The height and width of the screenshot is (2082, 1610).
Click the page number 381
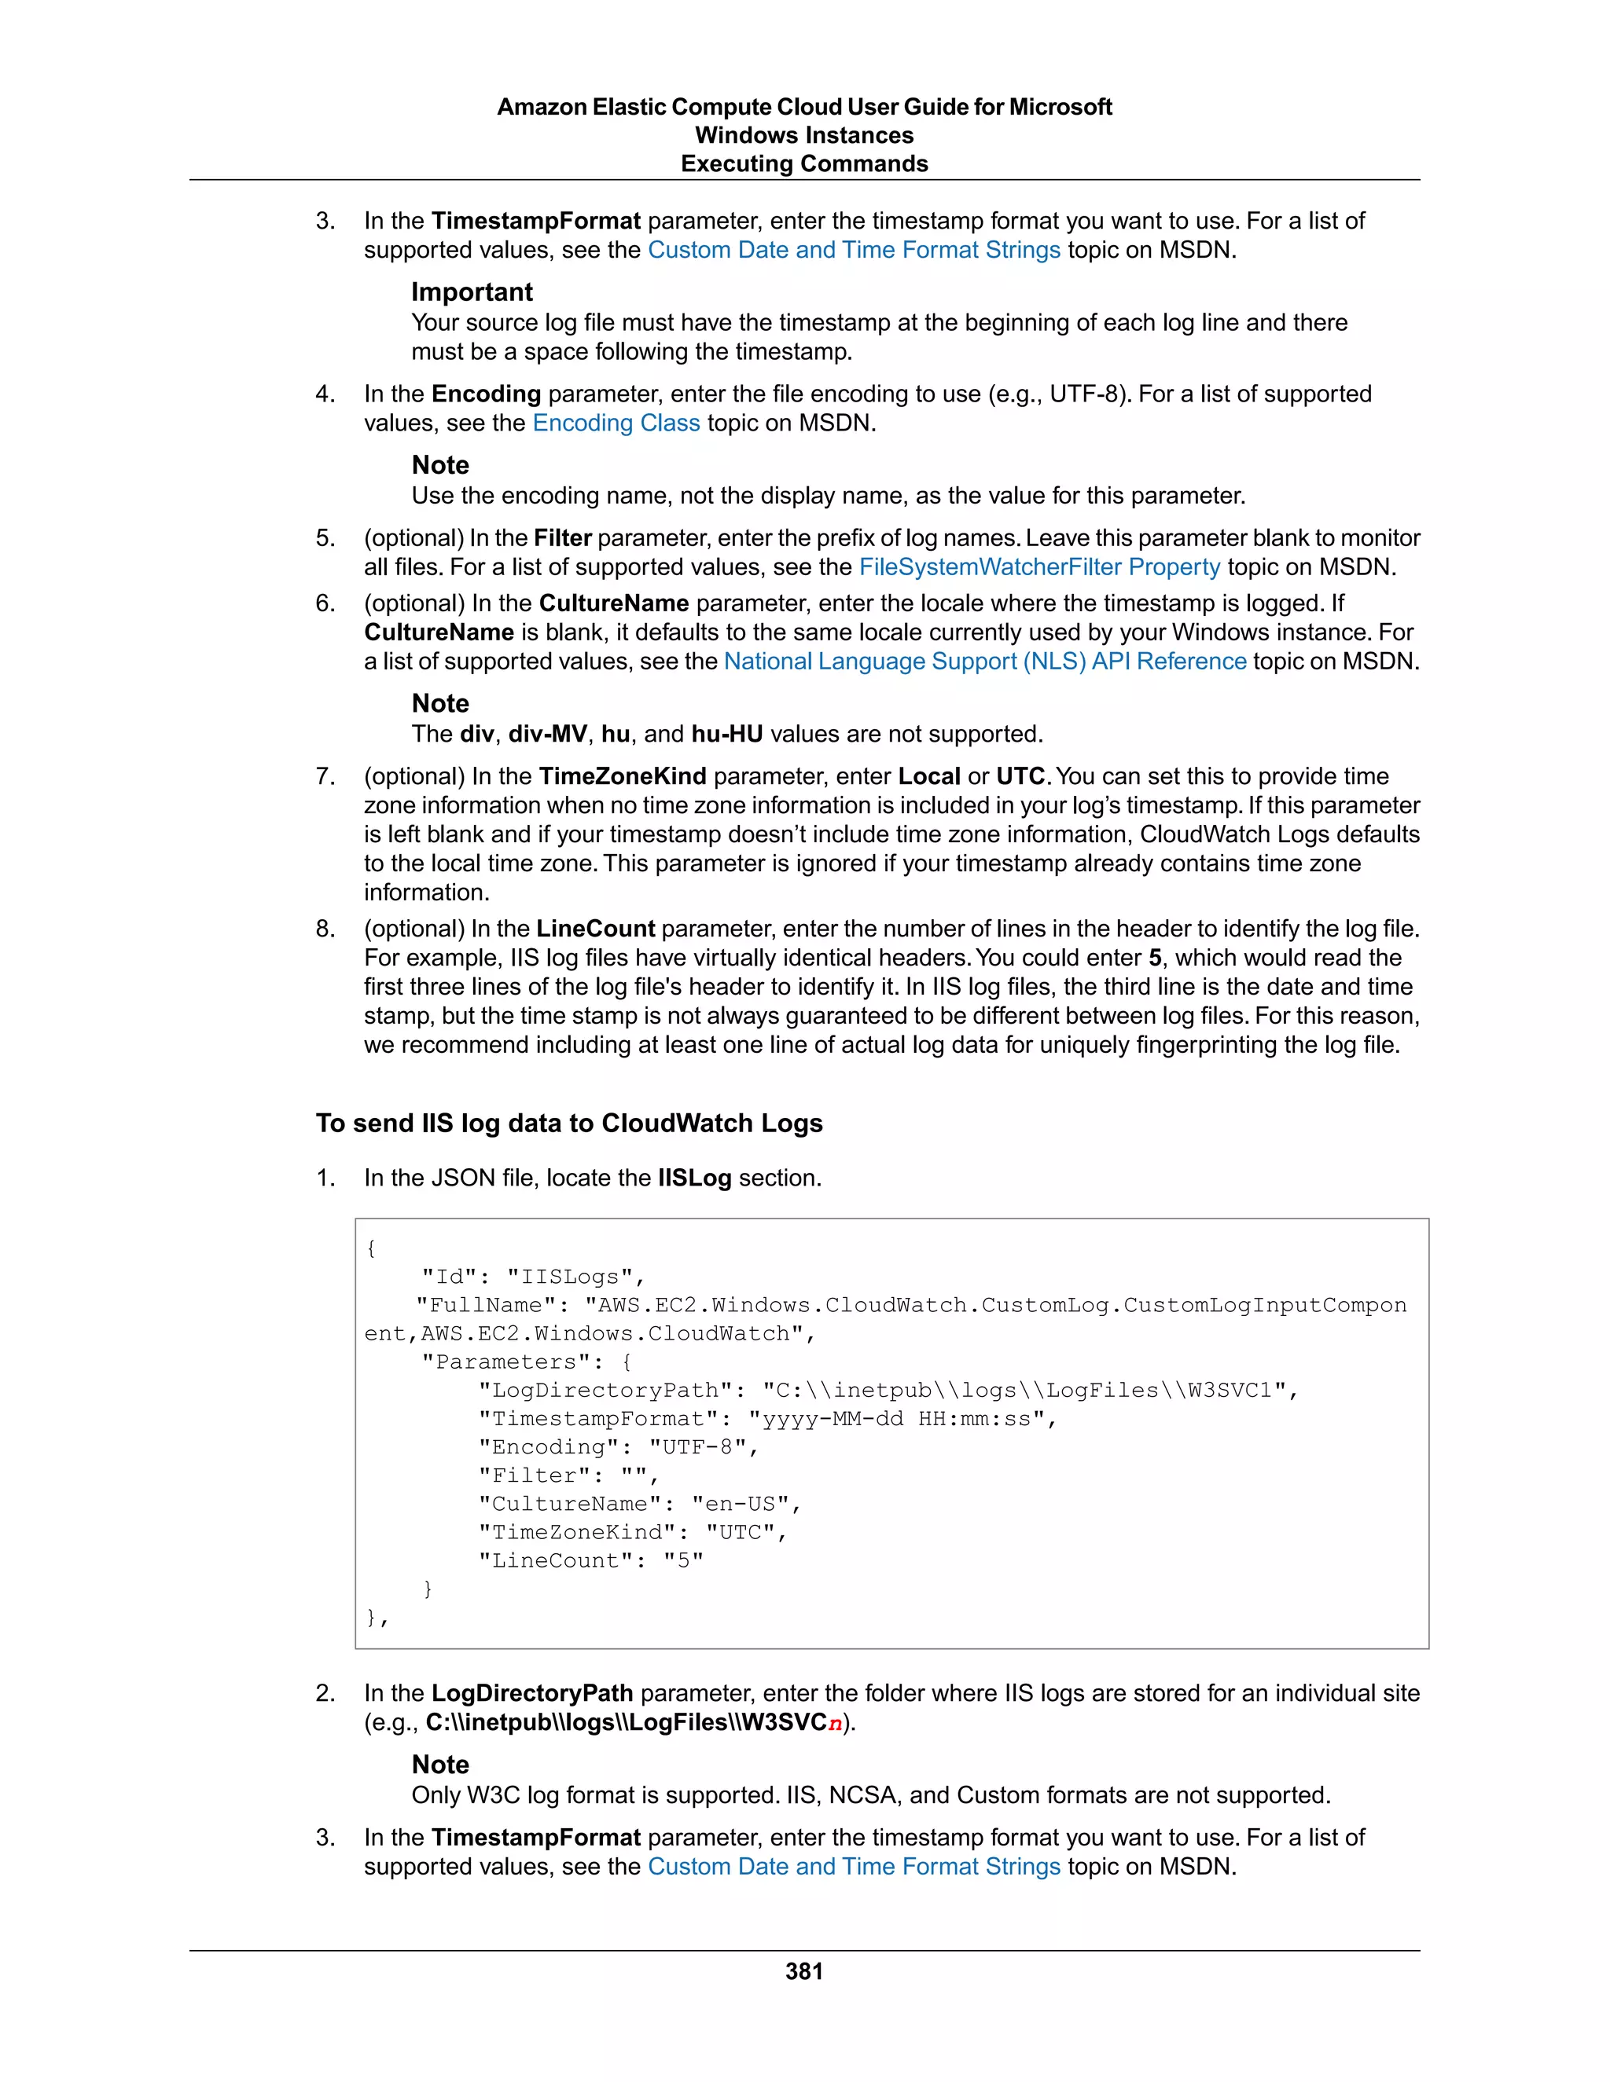804,1971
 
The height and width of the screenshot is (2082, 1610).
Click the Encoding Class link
616,423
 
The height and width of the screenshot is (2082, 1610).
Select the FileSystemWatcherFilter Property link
1038,567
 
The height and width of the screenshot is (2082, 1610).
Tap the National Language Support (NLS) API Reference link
984,662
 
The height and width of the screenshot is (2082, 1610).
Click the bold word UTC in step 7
1020,777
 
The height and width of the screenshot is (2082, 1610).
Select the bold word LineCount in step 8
595,929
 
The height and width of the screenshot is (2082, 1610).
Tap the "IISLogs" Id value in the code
571,1277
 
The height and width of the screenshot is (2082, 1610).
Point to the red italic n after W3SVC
835,1724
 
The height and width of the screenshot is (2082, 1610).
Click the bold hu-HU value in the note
727,734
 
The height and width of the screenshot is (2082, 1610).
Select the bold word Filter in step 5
563,539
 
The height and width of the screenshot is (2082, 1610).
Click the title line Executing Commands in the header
804,164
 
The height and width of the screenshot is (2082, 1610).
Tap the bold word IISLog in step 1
693,1178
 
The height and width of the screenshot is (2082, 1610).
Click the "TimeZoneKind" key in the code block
584,1532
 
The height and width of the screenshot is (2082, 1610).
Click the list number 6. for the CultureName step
325,603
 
